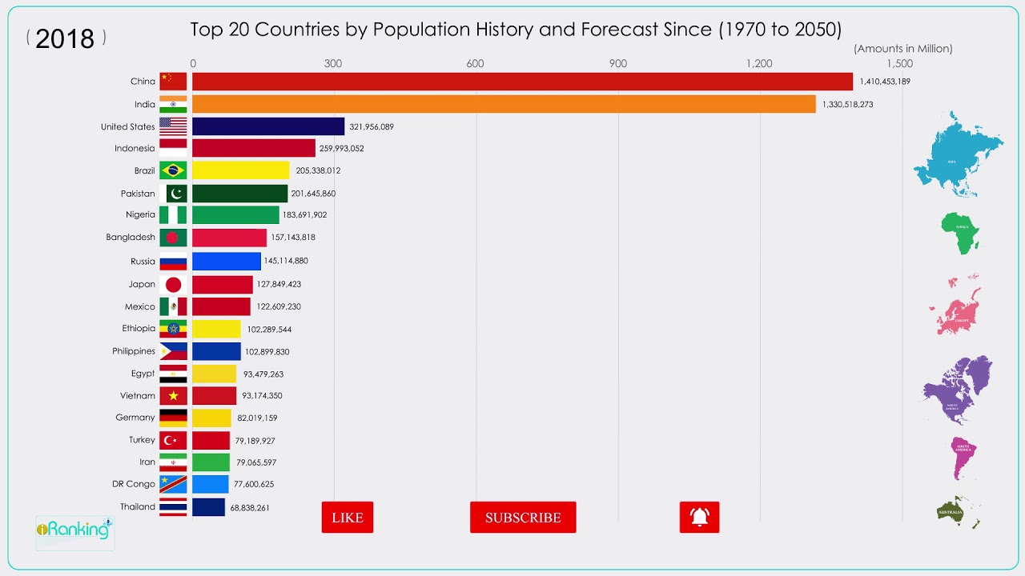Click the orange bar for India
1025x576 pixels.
pyautogui.click(x=503, y=104)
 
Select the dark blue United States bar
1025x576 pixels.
pyautogui.click(x=267, y=126)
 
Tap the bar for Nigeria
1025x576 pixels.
pyautogui.click(x=235, y=214)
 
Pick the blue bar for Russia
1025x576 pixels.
pyautogui.click(x=226, y=261)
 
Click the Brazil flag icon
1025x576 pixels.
pyautogui.click(x=173, y=170)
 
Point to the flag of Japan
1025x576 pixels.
pyautogui.click(x=173, y=284)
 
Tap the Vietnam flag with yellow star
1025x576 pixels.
pyautogui.click(x=173, y=395)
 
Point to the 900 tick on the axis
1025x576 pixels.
pyautogui.click(x=617, y=64)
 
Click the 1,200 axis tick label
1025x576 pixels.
pyautogui.click(x=759, y=64)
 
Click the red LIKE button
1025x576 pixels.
pyautogui.click(x=347, y=518)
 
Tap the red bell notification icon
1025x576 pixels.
pyautogui.click(x=699, y=518)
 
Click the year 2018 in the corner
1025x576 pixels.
pyautogui.click(x=65, y=38)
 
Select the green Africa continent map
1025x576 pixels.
pyautogui.click(x=959, y=233)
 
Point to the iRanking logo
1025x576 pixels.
pyautogui.click(x=74, y=530)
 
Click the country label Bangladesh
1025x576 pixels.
pyautogui.click(x=131, y=238)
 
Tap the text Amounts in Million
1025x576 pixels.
pyautogui.click(x=903, y=49)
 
